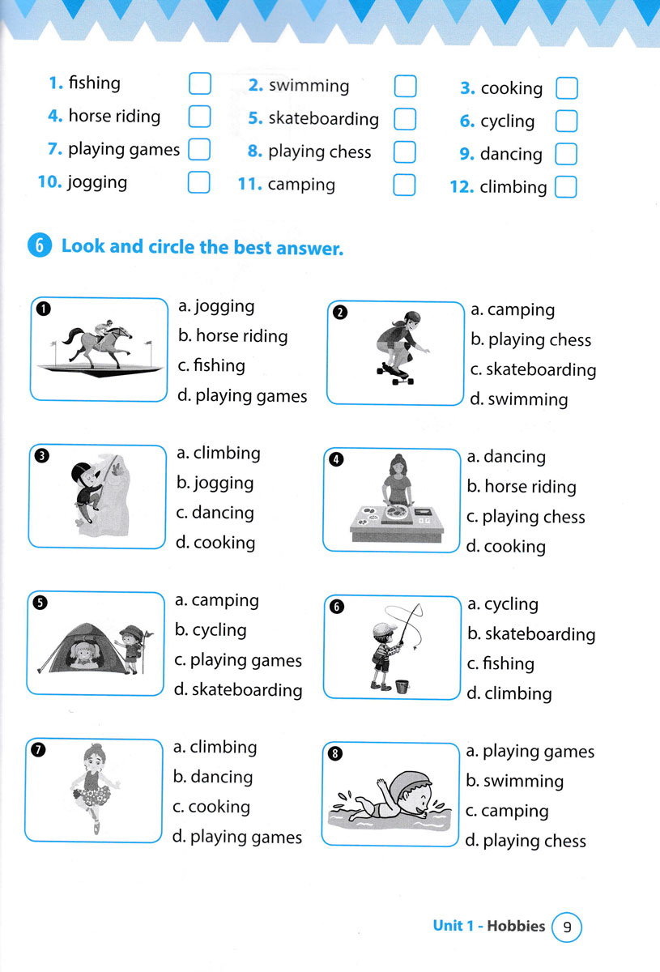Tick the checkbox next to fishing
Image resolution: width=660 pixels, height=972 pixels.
[198, 83]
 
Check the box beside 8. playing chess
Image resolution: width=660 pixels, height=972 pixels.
[404, 151]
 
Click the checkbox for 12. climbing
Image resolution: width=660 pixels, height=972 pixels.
[566, 187]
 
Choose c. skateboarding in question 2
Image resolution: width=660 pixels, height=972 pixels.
[533, 370]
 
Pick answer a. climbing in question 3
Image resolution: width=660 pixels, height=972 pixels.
[219, 454]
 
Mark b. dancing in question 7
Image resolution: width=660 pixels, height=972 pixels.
[213, 778]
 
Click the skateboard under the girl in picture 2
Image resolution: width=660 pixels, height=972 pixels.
[395, 374]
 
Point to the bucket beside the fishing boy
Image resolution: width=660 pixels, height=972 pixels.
[402, 685]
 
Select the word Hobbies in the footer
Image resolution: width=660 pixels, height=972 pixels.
[517, 926]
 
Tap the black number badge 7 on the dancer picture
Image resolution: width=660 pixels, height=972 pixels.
[37, 749]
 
